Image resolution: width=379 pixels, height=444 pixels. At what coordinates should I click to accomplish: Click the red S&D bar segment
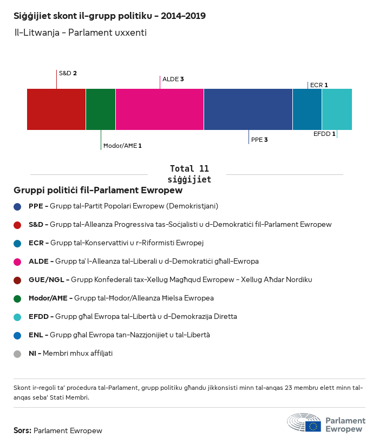click(x=56, y=109)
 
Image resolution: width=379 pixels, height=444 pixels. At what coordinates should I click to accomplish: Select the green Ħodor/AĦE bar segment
click(x=101, y=109)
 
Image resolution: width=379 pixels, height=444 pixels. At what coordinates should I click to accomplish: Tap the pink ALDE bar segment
click(x=160, y=109)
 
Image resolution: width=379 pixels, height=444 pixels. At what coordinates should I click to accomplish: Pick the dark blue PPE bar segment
click(x=248, y=109)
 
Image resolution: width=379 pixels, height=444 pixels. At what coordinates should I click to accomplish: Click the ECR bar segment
click(x=307, y=109)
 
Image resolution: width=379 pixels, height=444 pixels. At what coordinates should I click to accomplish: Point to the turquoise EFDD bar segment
click(x=337, y=109)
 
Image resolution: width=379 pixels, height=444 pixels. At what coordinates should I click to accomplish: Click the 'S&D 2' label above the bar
click(x=68, y=73)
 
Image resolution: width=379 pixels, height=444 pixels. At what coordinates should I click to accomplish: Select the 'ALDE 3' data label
click(x=173, y=79)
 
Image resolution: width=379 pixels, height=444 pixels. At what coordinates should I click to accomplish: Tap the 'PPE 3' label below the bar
click(x=259, y=140)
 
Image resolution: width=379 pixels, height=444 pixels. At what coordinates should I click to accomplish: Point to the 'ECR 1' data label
click(x=319, y=85)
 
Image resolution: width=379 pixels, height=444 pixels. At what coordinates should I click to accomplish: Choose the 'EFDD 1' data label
click(x=324, y=134)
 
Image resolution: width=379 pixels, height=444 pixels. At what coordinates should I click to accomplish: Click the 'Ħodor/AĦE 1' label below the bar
click(x=122, y=146)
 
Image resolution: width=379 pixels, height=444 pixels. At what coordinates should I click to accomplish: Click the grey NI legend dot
click(x=18, y=354)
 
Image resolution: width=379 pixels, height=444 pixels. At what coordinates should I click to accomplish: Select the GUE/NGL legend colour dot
click(x=18, y=280)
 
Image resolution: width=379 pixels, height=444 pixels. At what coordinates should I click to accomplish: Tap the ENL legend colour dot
click(x=18, y=335)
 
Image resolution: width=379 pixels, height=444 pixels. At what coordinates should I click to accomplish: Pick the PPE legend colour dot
click(x=18, y=206)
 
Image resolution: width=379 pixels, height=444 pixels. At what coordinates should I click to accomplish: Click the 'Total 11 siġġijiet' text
click(x=190, y=174)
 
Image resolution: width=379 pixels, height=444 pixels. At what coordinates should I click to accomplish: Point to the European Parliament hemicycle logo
click(x=304, y=422)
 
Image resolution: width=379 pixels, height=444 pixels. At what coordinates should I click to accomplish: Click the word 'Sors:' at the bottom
click(x=22, y=431)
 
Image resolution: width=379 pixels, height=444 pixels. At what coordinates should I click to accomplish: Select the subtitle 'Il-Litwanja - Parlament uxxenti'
click(x=81, y=32)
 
